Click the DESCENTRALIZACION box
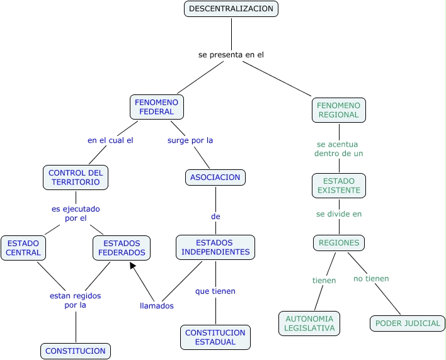coord(231,9)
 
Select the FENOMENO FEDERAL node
coord(157,107)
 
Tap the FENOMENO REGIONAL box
coord(338,110)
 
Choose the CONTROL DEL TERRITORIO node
coord(76,177)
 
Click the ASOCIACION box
coord(215,177)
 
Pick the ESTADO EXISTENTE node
coord(338,186)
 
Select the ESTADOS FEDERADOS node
coord(122,248)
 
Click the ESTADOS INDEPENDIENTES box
coord(215,247)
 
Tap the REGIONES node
coord(339,243)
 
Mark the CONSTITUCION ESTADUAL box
coord(215,337)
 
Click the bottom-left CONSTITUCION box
coord(76,351)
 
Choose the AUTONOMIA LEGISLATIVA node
coord(309,323)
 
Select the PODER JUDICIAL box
coord(407,323)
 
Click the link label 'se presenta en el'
coord(231,55)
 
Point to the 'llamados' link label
coord(156,306)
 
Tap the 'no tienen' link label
coord(371,279)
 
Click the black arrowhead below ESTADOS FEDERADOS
coord(133,266)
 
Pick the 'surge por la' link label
coord(190,140)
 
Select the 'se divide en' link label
coord(339,214)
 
